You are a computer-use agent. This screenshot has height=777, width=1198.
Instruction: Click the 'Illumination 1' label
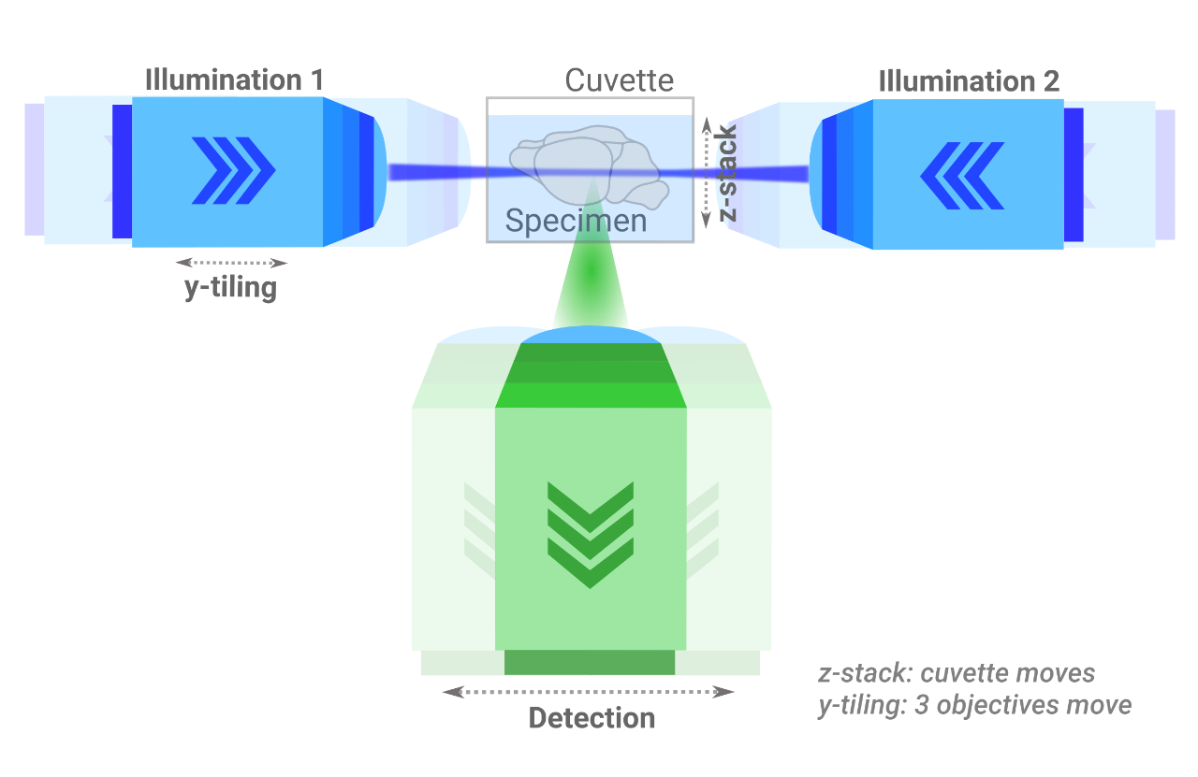click(x=234, y=80)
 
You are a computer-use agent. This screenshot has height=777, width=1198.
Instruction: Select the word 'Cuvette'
click(x=619, y=80)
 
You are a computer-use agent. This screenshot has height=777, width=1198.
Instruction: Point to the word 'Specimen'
click(x=576, y=221)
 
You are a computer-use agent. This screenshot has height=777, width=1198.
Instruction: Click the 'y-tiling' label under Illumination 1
click(x=230, y=287)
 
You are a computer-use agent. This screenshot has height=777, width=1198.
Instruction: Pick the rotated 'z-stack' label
click(x=727, y=173)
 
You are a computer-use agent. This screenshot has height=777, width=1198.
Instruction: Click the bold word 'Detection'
click(x=592, y=718)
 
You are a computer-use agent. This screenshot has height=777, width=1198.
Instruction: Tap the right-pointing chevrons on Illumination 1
click(x=233, y=169)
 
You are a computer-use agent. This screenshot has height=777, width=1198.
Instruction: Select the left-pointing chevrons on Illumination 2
click(x=962, y=174)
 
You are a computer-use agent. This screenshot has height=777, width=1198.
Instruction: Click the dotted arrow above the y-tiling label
click(x=230, y=263)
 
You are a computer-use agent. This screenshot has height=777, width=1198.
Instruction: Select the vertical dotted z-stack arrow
click(x=708, y=173)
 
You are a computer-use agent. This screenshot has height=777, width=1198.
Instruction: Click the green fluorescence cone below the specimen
click(x=590, y=281)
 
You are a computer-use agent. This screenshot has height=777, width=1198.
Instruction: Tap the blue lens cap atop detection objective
click(x=590, y=335)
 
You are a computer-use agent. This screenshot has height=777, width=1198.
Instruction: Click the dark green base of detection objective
click(x=590, y=662)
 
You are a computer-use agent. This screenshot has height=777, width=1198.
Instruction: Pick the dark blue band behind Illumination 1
click(x=122, y=171)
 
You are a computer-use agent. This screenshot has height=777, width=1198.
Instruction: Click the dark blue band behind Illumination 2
click(x=1074, y=175)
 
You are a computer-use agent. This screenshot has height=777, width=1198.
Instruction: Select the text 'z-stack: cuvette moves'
click(x=957, y=673)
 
